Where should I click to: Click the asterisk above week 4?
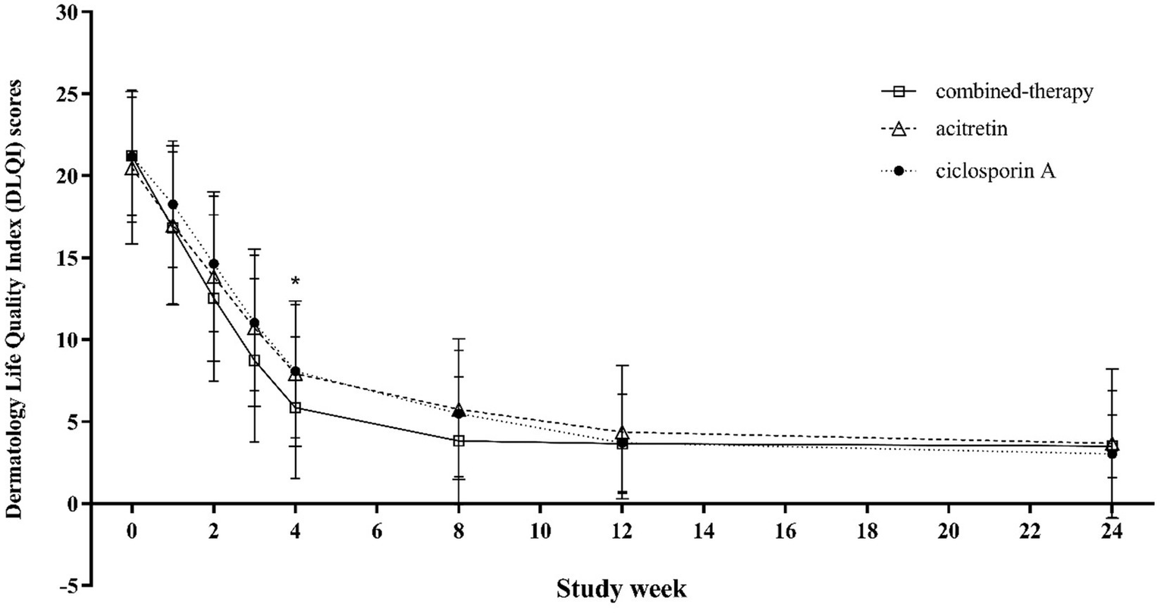[x=295, y=283]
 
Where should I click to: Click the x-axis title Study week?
[x=622, y=588]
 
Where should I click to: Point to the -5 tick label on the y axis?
[x=71, y=585]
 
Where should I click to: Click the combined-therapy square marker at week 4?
[x=295, y=408]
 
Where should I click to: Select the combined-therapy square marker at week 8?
[x=459, y=440]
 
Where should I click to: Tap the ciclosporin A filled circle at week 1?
[x=173, y=205]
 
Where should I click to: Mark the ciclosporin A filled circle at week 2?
[x=214, y=264]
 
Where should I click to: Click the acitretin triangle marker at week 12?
[x=622, y=433]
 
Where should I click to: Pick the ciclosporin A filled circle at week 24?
[x=1112, y=453]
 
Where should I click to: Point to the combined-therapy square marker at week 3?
[x=255, y=361]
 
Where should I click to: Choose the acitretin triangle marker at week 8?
[x=459, y=409]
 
